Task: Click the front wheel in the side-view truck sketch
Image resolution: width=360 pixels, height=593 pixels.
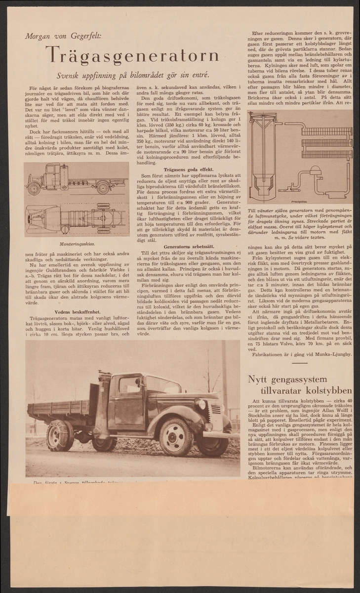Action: (35, 188)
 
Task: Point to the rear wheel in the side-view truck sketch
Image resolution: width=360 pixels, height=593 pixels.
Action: (103, 188)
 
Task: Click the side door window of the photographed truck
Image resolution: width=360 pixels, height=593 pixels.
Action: (130, 385)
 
